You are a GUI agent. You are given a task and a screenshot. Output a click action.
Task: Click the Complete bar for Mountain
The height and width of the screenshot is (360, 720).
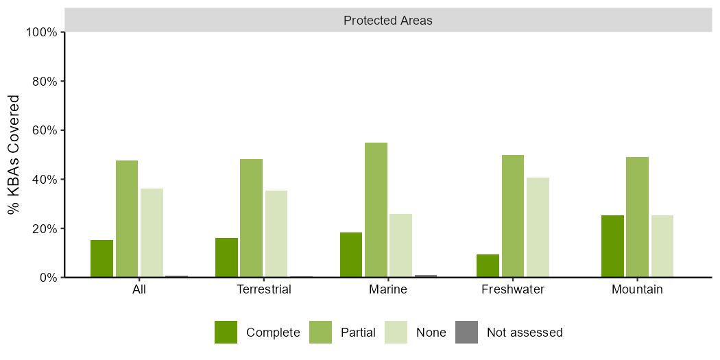click(x=612, y=246)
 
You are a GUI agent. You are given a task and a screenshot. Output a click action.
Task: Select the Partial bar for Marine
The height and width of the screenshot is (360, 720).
click(x=376, y=210)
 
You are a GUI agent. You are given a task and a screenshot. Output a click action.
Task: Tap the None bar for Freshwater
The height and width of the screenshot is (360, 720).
click(x=538, y=228)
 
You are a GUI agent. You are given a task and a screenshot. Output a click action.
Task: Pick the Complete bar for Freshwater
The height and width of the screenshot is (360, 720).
click(x=488, y=266)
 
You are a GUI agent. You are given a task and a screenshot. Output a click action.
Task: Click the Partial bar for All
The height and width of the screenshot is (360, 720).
click(x=127, y=219)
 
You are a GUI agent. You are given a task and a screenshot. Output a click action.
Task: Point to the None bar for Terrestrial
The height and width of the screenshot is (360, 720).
click(x=276, y=234)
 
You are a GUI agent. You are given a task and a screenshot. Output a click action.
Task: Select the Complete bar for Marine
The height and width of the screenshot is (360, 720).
click(x=351, y=255)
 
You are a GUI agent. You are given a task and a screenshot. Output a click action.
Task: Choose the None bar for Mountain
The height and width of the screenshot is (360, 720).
click(x=662, y=246)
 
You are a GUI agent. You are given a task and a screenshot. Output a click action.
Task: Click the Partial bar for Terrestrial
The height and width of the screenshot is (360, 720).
click(x=251, y=218)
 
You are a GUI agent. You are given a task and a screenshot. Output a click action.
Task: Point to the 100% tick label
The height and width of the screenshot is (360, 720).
click(x=42, y=32)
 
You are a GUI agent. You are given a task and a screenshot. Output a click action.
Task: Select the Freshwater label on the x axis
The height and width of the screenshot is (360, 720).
click(x=513, y=289)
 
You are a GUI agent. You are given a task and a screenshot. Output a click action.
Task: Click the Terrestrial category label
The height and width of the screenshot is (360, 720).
click(x=264, y=289)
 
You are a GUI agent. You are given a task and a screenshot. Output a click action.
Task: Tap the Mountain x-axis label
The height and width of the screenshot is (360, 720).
click(x=637, y=289)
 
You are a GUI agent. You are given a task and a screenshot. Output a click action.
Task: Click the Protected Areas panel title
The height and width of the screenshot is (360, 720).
click(x=388, y=21)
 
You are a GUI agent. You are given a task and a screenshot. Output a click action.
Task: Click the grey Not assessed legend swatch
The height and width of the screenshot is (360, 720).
click(x=467, y=333)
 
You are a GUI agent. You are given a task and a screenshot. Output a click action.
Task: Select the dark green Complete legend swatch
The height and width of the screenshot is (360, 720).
click(x=226, y=333)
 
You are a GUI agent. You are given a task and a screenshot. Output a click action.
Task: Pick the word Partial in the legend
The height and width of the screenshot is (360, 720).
click(x=358, y=333)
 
